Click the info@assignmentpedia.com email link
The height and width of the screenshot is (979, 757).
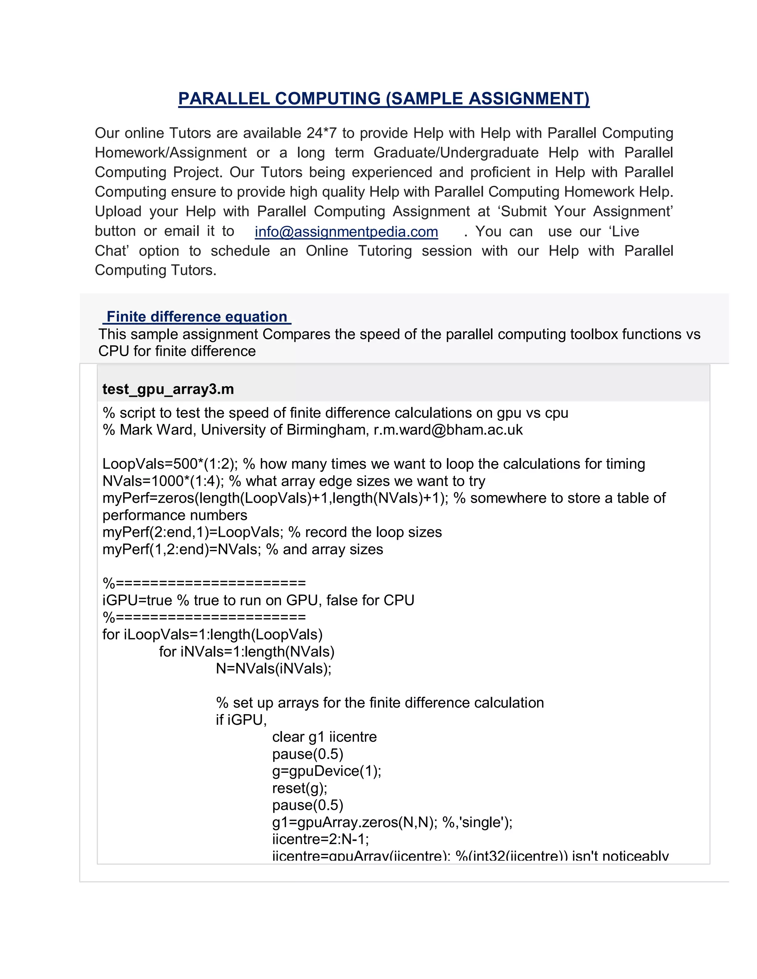[346, 232]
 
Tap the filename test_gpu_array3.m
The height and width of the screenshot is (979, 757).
[168, 389]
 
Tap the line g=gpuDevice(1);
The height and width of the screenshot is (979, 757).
[326, 771]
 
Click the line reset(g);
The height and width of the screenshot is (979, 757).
[299, 788]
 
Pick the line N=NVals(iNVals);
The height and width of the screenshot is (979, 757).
[274, 668]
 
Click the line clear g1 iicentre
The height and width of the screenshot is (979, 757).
[324, 737]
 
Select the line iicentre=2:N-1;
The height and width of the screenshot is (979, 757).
[320, 839]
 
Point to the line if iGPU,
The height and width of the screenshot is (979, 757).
[241, 720]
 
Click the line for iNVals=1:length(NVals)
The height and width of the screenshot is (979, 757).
[247, 651]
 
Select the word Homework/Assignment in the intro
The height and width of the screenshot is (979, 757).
[170, 153]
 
